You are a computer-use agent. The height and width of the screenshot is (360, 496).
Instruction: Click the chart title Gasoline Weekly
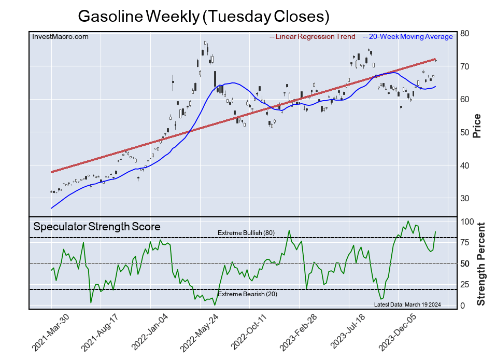tap(204, 16)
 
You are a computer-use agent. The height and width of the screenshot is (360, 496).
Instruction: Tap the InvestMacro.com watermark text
tap(60, 37)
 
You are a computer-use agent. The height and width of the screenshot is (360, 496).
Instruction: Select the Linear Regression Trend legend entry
tap(313, 37)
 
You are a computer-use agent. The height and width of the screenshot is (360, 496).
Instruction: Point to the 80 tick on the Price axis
tap(465, 33)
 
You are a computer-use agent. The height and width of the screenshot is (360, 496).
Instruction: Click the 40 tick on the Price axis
tap(465, 165)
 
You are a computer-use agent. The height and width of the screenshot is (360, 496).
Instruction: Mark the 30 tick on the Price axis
tap(465, 199)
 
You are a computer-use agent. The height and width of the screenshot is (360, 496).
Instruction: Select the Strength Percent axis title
tap(481, 264)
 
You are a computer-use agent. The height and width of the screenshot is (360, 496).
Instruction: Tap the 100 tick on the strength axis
tap(467, 221)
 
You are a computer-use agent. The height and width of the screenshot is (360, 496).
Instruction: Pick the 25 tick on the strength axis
tap(465, 285)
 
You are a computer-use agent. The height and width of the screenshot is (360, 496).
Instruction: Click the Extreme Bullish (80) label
tap(246, 233)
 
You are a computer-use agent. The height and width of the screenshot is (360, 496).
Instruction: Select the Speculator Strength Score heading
tap(97, 227)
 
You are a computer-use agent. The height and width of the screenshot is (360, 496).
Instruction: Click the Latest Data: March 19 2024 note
tap(407, 304)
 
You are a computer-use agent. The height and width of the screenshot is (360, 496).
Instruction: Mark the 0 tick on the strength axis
tap(463, 306)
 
